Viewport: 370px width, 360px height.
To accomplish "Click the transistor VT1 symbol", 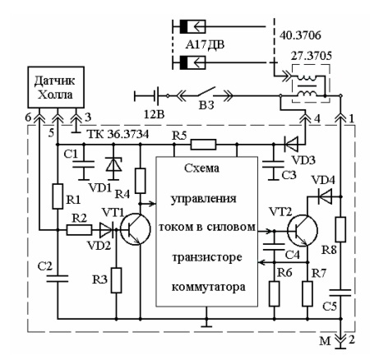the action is pos(136,229).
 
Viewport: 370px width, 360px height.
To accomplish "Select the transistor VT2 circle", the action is pos(303,230).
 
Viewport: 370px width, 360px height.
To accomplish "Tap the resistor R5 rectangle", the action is pos(203,145).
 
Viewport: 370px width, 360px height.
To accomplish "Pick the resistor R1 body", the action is pos(58,196).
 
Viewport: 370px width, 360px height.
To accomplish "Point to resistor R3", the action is pos(116,280).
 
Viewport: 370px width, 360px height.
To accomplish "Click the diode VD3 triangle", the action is pos(290,145).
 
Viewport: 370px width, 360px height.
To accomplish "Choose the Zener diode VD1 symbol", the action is pos(113,164).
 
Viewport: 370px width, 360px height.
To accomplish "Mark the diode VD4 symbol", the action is pos(325,196).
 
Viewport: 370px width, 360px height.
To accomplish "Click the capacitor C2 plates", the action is pos(58,279).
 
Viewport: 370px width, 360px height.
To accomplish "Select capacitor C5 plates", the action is pos(340,293).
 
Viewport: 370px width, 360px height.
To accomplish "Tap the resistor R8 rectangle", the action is pos(340,229).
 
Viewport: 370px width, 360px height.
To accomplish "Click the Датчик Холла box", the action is pos(56,87).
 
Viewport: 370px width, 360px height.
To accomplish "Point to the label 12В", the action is pos(155,114).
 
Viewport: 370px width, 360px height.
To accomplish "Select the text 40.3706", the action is pos(300,35).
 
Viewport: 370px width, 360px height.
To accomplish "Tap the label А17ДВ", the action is pos(205,44).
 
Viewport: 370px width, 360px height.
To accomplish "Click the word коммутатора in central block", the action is pos(209,287).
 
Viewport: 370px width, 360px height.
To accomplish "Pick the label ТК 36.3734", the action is pos(118,134).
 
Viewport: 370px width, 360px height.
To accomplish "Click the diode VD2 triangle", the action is pos(106,229).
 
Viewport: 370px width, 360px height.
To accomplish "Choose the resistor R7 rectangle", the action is pos(308,293).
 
